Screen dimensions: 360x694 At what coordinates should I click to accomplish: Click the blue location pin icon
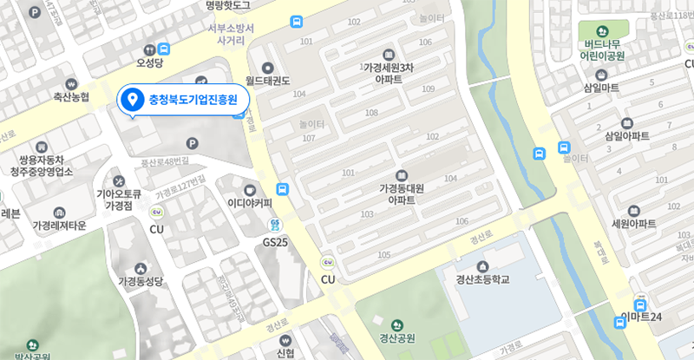pyautogui.click(x=132, y=100)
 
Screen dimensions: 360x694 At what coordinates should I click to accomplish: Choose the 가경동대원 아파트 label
pyautogui.click(x=401, y=193)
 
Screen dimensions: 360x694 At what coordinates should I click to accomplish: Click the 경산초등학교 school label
pyautogui.click(x=482, y=279)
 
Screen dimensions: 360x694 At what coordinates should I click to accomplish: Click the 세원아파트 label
pyautogui.click(x=633, y=223)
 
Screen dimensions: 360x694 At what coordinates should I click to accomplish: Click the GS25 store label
pyautogui.click(x=275, y=242)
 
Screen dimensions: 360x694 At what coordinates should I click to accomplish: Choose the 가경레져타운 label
pyautogui.click(x=59, y=226)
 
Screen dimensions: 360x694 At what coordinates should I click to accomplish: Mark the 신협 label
pyautogui.click(x=285, y=354)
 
